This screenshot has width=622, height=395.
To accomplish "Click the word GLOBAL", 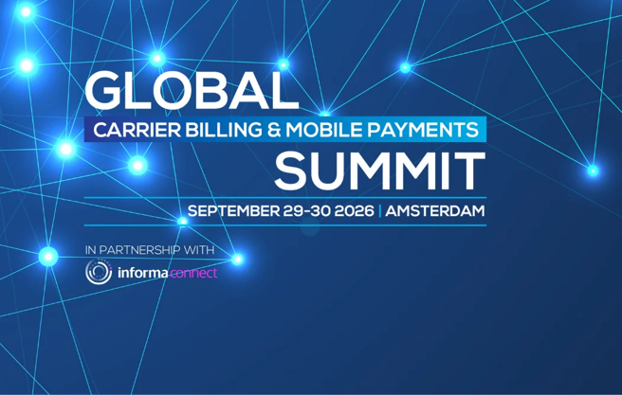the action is click(192, 91).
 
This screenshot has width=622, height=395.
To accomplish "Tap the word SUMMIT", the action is click(380, 171).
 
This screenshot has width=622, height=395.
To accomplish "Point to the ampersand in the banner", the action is click(274, 130).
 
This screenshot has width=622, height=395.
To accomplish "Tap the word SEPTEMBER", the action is click(233, 211).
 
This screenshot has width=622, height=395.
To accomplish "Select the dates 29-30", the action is click(307, 211).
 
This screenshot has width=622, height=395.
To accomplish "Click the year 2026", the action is click(355, 211).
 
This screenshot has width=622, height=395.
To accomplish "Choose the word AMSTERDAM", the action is click(435, 211).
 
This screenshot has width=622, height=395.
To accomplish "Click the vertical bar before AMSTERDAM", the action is click(380, 211).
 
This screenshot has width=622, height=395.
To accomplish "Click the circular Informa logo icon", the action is click(99, 272).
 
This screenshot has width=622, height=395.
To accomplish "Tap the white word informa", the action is click(143, 273).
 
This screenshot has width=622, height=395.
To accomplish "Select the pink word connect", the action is click(193, 273).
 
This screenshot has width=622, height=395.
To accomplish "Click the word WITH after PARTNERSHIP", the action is click(204, 250).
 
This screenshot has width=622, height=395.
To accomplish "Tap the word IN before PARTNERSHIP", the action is click(90, 250).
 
